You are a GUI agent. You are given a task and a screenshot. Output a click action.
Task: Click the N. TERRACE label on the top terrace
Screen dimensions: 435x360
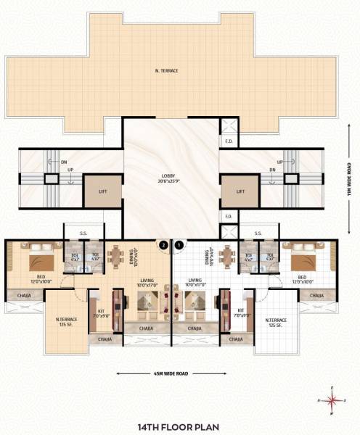(166, 70)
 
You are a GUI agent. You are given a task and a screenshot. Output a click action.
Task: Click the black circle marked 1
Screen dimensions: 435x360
(179, 245)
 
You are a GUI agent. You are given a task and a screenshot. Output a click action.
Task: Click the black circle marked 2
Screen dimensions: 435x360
(164, 245)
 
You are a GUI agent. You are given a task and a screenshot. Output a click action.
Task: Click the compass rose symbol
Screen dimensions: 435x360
(332, 399)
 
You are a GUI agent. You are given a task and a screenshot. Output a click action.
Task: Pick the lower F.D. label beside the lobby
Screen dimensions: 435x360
(229, 216)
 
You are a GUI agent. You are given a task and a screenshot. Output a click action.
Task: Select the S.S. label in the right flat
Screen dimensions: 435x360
(258, 233)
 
